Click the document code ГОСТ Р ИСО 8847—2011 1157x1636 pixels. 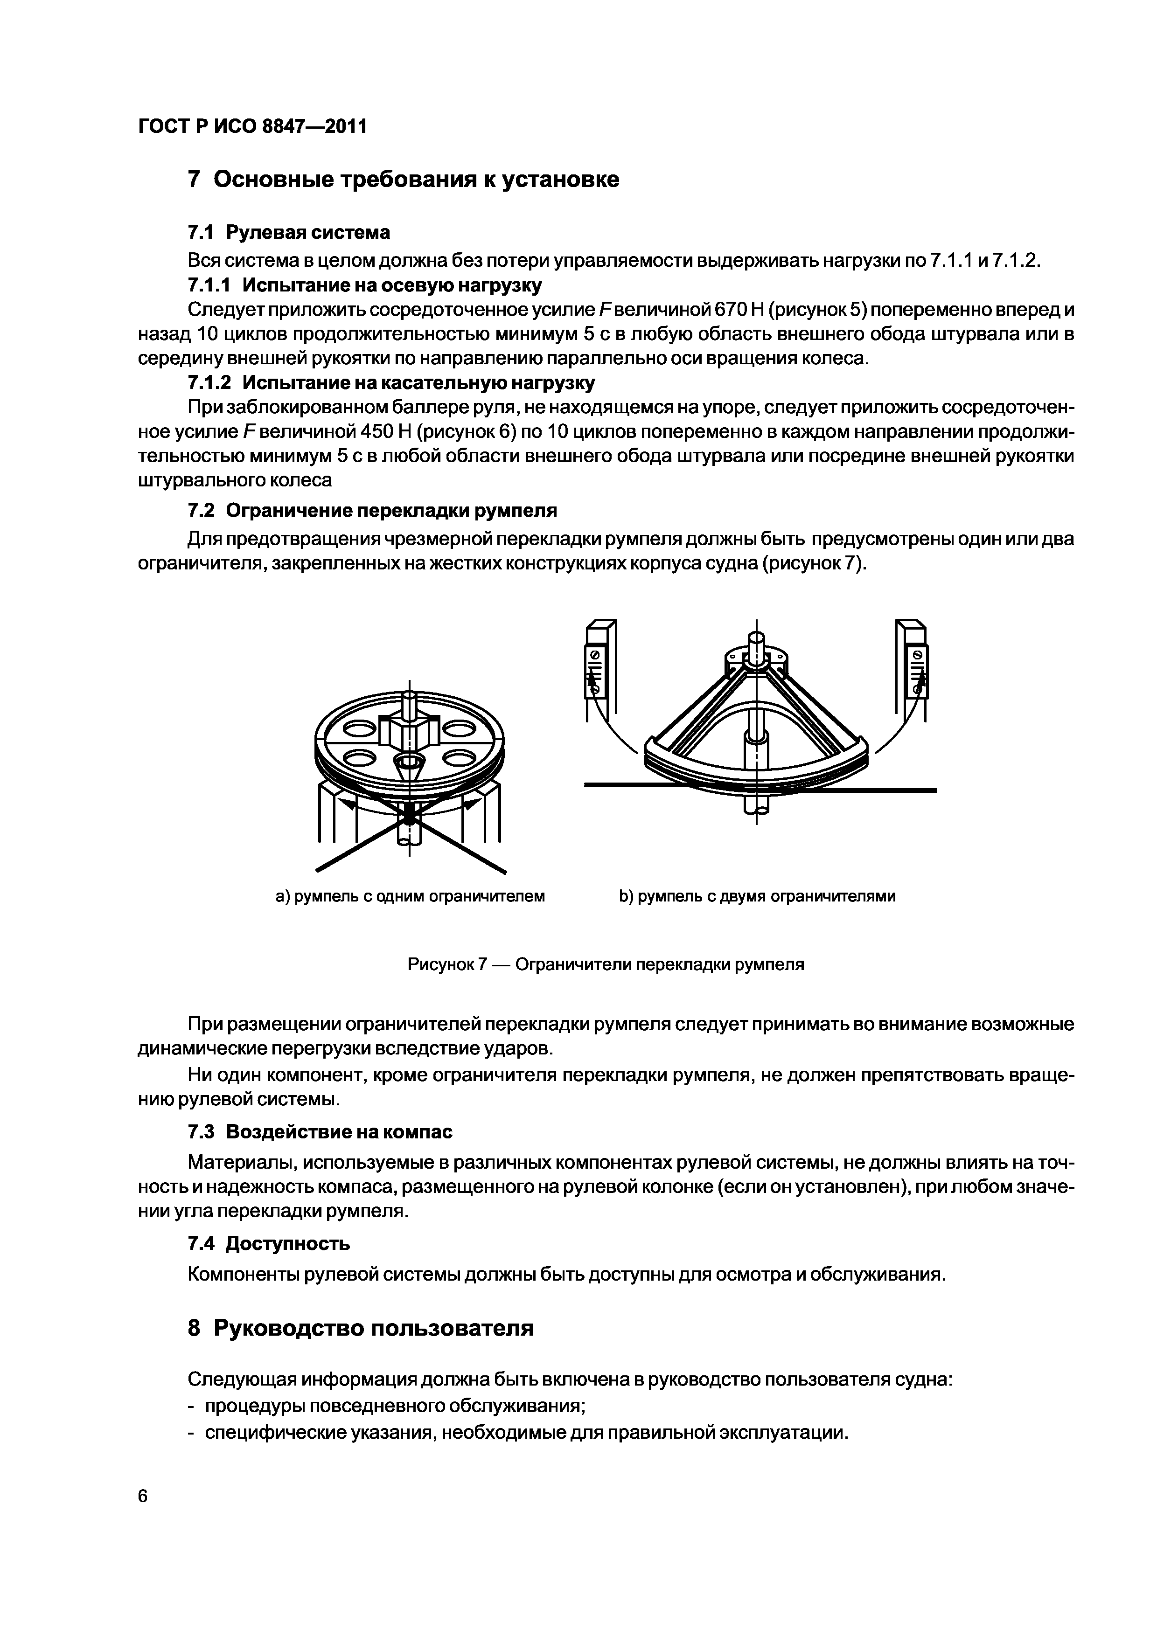point(252,127)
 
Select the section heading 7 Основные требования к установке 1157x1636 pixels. point(404,180)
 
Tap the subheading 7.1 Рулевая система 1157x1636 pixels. point(289,232)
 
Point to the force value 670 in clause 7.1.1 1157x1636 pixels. point(730,310)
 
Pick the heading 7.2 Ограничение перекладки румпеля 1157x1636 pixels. point(372,510)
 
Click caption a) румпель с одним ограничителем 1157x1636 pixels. point(410,896)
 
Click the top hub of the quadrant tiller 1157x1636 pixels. point(756,657)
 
